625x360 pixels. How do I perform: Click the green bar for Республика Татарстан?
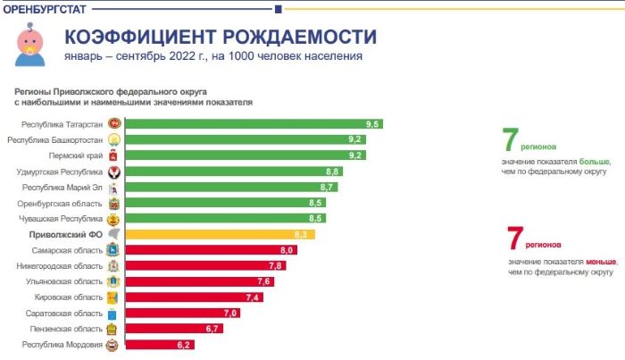[x=250, y=123]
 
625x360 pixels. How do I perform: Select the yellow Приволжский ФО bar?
[x=214, y=234]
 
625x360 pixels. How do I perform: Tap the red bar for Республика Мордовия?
[x=156, y=344]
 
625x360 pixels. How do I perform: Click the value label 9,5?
[x=373, y=123]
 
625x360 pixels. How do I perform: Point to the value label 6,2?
[x=185, y=344]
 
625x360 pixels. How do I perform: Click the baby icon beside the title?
[x=28, y=45]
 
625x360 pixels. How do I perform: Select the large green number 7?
[x=511, y=140]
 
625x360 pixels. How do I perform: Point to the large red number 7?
[x=515, y=239]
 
